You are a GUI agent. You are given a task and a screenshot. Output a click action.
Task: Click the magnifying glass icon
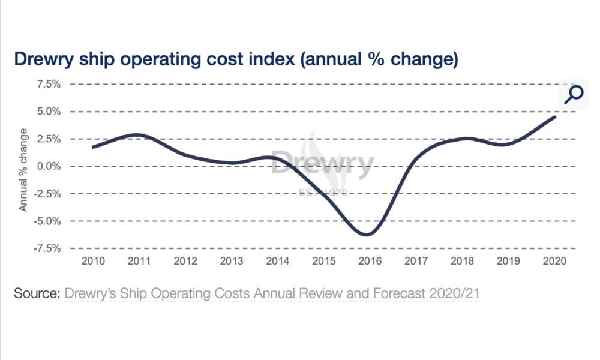pyautogui.click(x=574, y=94)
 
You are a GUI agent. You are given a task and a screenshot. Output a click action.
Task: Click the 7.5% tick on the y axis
pyautogui.click(x=49, y=84)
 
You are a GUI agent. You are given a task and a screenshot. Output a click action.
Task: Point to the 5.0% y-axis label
pyautogui.click(x=49, y=112)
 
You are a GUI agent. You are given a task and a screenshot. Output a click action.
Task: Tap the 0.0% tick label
pyautogui.click(x=49, y=166)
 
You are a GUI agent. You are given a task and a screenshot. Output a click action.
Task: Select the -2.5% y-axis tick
pyautogui.click(x=47, y=194)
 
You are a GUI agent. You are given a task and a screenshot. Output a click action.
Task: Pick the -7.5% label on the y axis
pyautogui.click(x=47, y=248)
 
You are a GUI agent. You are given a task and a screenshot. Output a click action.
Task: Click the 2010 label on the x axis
pyautogui.click(x=93, y=261)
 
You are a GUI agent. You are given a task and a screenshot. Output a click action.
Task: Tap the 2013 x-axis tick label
pyautogui.click(x=232, y=261)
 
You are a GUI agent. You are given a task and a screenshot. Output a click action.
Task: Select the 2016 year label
pyautogui.click(x=370, y=261)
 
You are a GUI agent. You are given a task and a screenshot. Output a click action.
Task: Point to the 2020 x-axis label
pyautogui.click(x=554, y=261)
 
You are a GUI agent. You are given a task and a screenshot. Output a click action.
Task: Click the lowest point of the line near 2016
pyautogui.click(x=367, y=235)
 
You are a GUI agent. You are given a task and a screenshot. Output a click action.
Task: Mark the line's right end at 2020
pyautogui.click(x=554, y=116)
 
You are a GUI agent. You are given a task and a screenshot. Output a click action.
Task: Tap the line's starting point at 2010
pyautogui.click(x=94, y=147)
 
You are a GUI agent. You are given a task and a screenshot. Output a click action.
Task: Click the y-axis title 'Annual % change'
pyautogui.click(x=23, y=170)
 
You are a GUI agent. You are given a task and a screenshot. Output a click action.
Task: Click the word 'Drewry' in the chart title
pyautogui.click(x=44, y=59)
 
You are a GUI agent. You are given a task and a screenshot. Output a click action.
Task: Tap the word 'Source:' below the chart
pyautogui.click(x=37, y=293)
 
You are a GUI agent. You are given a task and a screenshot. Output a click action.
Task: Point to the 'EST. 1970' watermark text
pyautogui.click(x=323, y=192)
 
